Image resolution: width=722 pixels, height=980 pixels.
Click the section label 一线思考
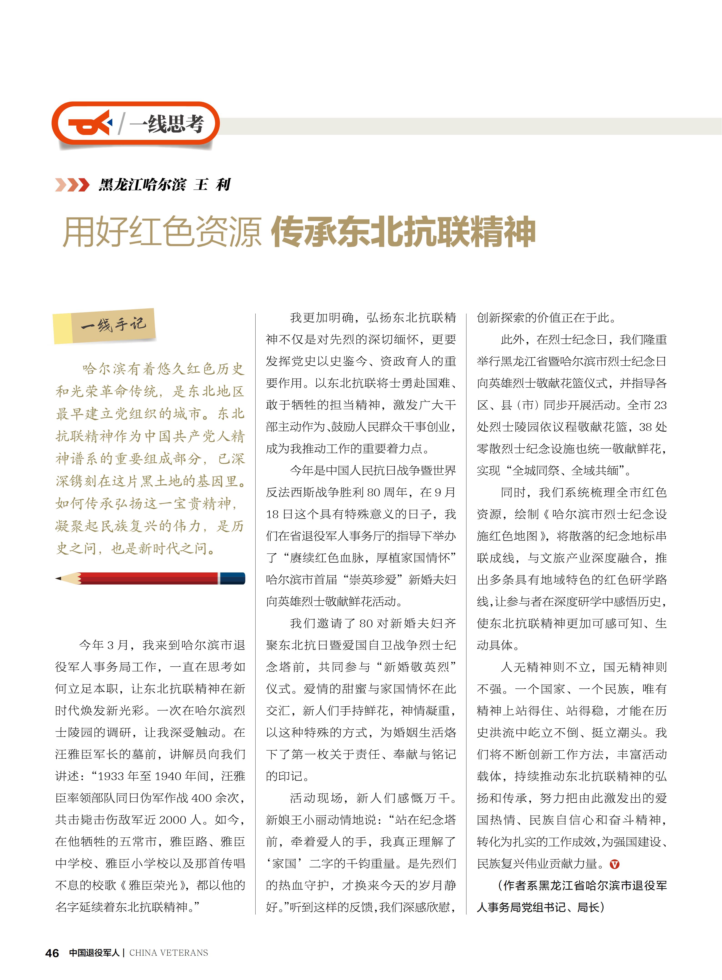[167, 124]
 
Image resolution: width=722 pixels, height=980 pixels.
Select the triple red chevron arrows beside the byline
[72, 185]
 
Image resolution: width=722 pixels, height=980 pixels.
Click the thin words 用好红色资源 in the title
[162, 232]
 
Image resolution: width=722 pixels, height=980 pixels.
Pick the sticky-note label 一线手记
[113, 325]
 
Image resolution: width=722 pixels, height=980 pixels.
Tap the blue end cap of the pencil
[232, 578]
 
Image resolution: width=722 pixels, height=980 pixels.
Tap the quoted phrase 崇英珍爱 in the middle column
[372, 579]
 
